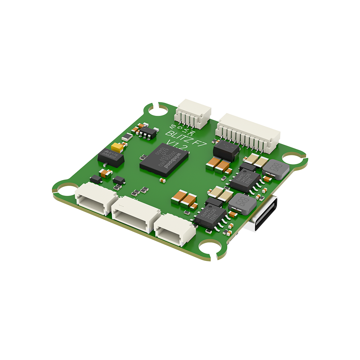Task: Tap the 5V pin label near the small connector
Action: (x=173, y=127)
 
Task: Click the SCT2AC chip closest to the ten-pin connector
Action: (x=245, y=180)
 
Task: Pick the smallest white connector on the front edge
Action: (x=174, y=230)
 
